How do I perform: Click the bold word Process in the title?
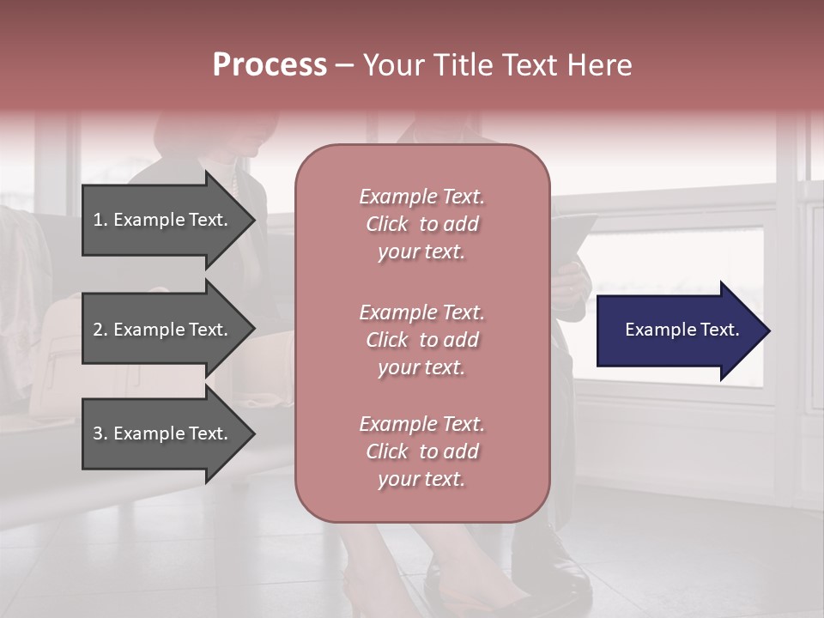click(270, 65)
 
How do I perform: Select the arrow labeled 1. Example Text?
click(163, 220)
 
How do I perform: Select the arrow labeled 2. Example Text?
click(163, 330)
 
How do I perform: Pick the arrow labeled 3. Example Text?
click(163, 433)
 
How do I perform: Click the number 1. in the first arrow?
click(100, 220)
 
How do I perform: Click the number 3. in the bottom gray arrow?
click(100, 433)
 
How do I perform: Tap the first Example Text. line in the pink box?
click(421, 197)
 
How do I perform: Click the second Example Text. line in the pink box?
click(421, 312)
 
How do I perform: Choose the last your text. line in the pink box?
click(421, 480)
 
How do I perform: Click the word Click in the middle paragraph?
click(387, 340)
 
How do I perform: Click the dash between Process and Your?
click(345, 65)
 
